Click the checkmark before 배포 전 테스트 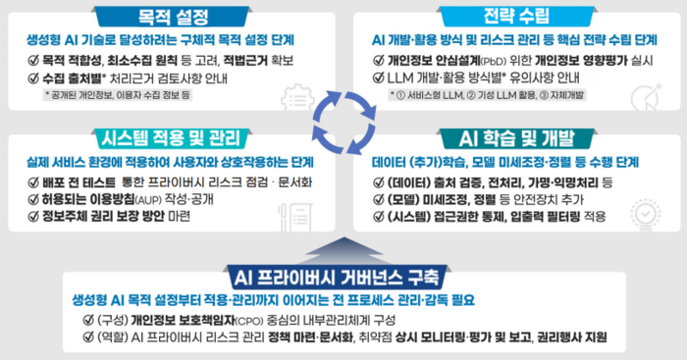33,181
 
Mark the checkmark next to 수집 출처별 33,77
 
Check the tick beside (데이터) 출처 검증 379,182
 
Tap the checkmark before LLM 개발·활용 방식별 379,77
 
